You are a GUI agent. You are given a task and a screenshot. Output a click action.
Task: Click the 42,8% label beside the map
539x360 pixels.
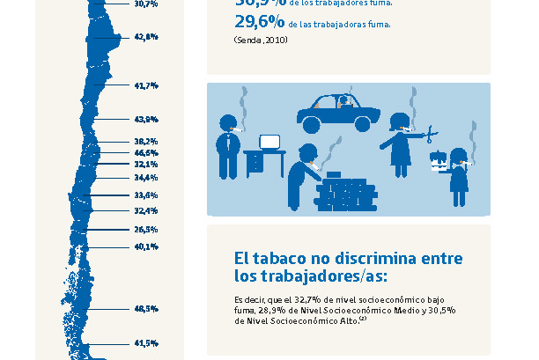click(146, 37)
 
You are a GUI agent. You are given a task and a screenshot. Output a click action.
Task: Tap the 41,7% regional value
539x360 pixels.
click(146, 85)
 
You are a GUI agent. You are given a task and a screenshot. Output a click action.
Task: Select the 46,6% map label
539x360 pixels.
click(146, 152)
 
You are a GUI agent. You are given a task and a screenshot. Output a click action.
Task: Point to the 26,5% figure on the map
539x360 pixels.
click(146, 229)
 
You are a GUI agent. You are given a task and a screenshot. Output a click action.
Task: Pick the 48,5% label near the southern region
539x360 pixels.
click(146, 309)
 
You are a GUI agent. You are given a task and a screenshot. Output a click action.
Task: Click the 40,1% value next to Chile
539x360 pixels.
click(146, 246)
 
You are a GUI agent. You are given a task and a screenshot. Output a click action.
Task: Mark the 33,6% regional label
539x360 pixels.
click(146, 195)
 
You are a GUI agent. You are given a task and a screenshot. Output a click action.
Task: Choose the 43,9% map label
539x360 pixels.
click(146, 119)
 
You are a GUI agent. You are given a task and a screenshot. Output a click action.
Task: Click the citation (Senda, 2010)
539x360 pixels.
click(261, 40)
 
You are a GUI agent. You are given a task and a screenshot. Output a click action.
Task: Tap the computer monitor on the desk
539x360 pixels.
click(269, 141)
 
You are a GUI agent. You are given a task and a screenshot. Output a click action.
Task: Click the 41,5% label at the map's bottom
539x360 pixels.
click(146, 342)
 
